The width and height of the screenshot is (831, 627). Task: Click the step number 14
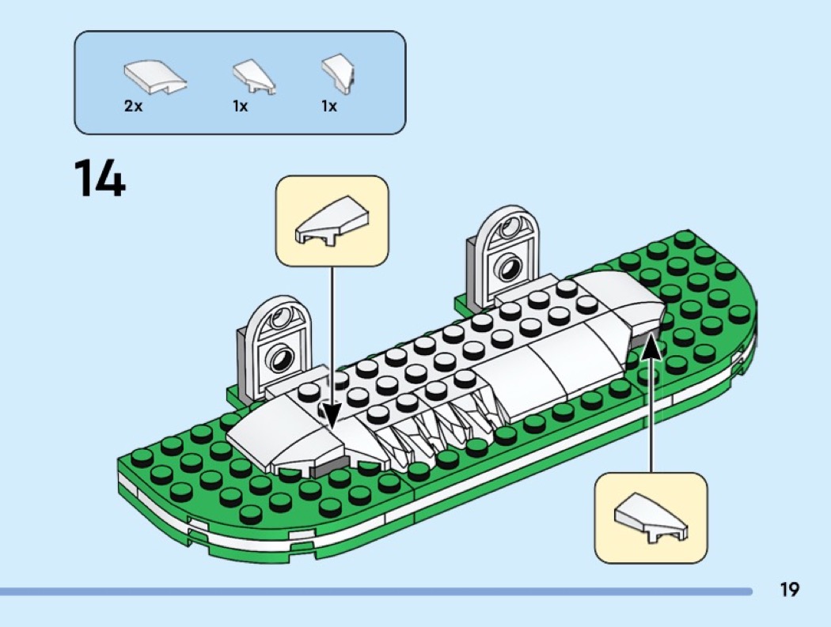coord(100,178)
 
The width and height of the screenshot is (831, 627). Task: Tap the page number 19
coord(789,589)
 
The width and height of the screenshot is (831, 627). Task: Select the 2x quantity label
coord(134,106)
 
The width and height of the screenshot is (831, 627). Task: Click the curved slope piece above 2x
coord(155,77)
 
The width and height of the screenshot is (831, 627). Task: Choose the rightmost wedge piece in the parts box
coord(338,74)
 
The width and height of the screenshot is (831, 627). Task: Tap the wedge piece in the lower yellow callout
coord(651,517)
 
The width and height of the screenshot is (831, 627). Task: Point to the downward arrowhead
coord(332,416)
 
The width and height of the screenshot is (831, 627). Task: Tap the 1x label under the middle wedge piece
coord(240,107)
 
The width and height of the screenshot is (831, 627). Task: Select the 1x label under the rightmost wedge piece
coord(329,107)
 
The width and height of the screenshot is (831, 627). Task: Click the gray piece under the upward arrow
coord(640,342)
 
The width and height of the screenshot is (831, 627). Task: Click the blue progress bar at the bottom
coord(376,591)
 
